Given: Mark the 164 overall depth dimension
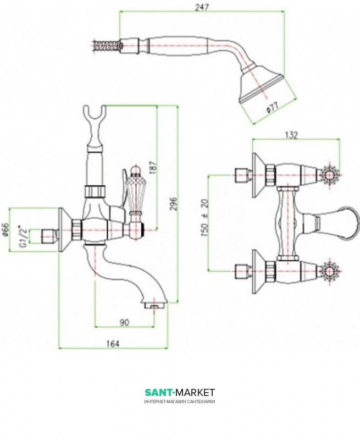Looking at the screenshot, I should click(113, 343).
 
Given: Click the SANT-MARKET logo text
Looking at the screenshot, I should click(180, 392).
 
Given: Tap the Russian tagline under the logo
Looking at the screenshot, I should click(180, 402).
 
